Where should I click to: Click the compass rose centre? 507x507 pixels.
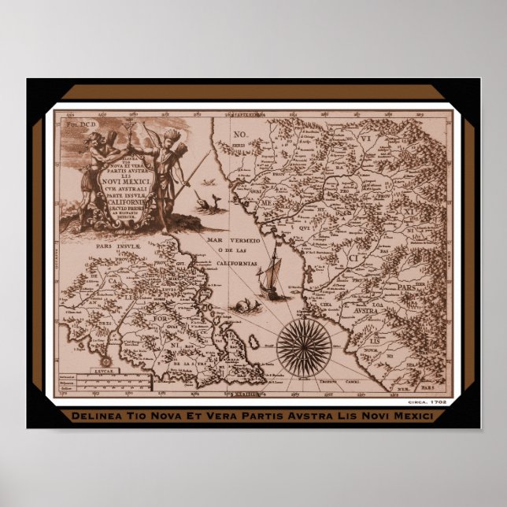click(x=305, y=344)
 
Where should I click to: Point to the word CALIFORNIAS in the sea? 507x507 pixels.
click(x=235, y=265)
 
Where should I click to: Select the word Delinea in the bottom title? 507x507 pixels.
click(x=93, y=416)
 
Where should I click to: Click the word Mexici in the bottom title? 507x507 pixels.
click(x=409, y=416)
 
